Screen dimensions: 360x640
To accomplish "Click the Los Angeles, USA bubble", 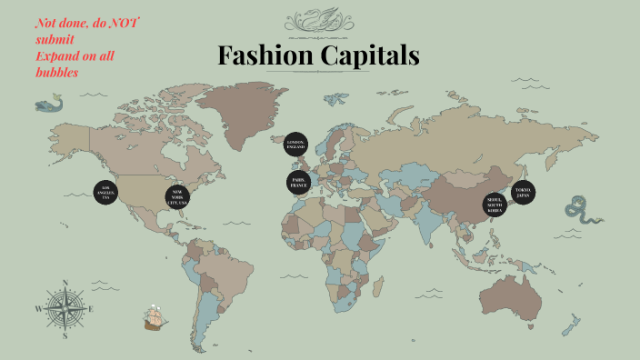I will pos(105,192).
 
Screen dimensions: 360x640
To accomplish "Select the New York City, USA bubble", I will pos(178,197).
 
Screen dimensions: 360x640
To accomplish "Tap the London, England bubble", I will pos(295,145).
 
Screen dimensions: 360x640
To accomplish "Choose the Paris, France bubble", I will pos(297,183).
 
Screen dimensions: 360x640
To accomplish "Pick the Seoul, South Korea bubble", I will pos(495,205).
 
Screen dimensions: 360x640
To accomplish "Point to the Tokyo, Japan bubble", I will pos(523,193).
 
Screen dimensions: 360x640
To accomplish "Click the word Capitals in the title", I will pos(372,56).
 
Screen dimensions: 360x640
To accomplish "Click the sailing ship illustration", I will pos(156,318).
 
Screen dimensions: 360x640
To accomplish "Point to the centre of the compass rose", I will pos(65,309).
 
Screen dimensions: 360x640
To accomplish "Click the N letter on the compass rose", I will pos(65,283).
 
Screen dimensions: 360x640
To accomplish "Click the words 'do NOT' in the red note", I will pos(124,25).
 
